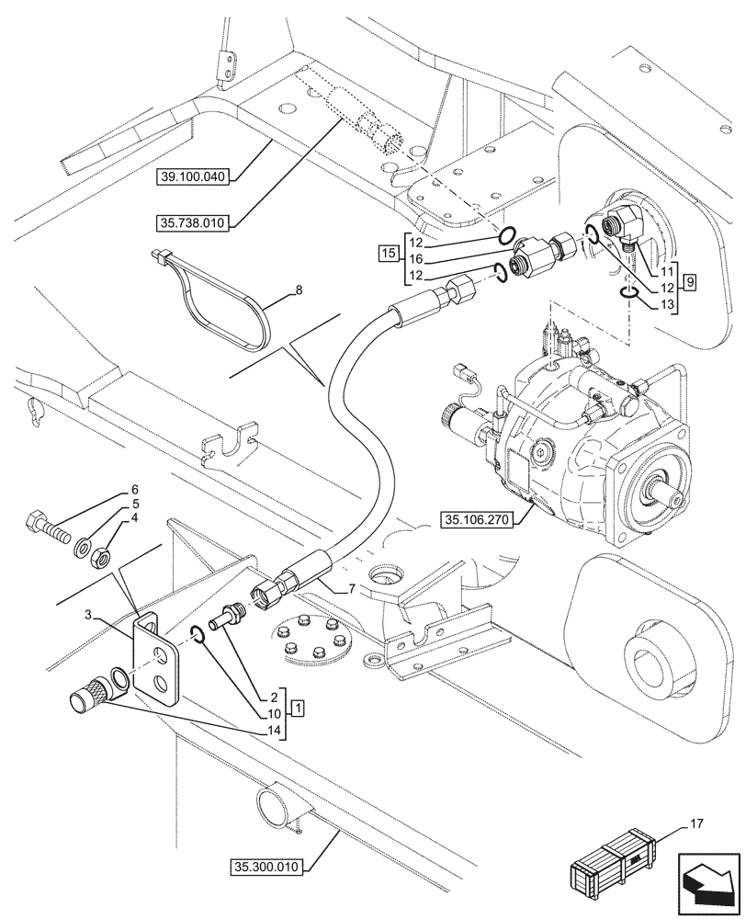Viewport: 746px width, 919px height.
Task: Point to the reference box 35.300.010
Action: point(268,865)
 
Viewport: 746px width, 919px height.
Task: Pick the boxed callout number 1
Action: point(300,708)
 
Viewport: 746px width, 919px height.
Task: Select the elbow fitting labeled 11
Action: point(620,229)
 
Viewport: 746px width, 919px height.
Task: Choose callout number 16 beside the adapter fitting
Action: point(416,260)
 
